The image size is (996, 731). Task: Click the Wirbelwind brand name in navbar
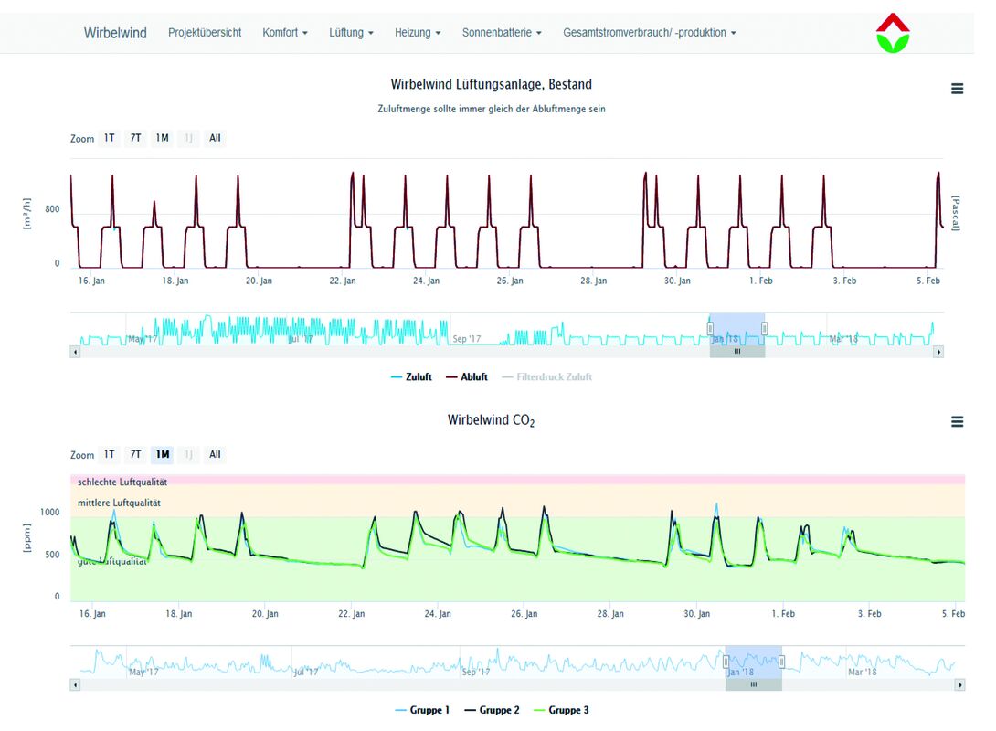[x=115, y=33]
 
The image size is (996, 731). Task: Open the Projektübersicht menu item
[x=205, y=33]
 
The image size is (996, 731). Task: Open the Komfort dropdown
[x=285, y=33]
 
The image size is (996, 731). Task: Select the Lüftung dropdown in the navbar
[x=352, y=33]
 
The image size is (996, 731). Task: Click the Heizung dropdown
[x=418, y=33]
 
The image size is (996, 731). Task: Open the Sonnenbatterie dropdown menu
[x=502, y=33]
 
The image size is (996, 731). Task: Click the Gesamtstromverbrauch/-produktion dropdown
[x=649, y=33]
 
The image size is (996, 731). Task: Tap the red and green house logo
[x=893, y=33]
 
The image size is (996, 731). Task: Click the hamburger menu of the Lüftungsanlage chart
[x=957, y=89]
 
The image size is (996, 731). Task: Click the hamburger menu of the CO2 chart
[x=957, y=421]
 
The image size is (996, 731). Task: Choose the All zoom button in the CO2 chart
[x=215, y=454]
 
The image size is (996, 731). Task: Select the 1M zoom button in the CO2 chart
[x=163, y=454]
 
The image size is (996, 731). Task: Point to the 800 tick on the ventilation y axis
[x=52, y=209]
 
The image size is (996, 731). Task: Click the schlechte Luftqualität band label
[x=122, y=482]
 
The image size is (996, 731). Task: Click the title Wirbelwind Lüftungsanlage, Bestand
[x=491, y=85]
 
